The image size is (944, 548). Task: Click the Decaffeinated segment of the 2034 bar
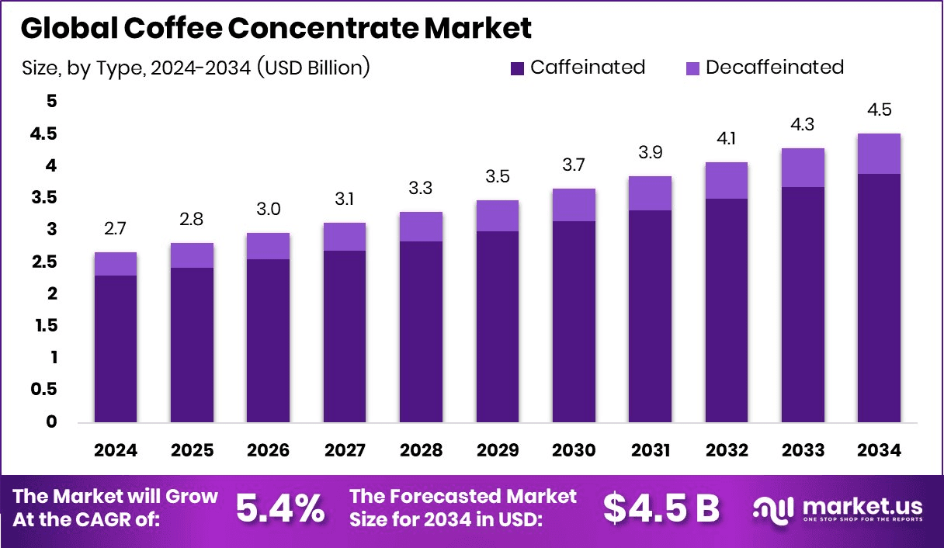[x=879, y=154]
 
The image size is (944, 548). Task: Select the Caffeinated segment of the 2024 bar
[x=116, y=349]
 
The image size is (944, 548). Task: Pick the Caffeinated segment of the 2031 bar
[x=650, y=317]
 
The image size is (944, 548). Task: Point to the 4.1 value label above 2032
[x=727, y=140]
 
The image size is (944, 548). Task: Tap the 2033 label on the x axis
[x=803, y=451]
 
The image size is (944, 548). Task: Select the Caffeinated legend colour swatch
[x=517, y=68]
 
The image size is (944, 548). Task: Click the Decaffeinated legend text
[x=774, y=68]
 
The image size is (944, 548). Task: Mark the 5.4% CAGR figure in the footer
[x=280, y=508]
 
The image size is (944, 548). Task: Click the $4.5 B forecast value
[x=661, y=508]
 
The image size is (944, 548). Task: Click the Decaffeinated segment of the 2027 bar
[x=345, y=237]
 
